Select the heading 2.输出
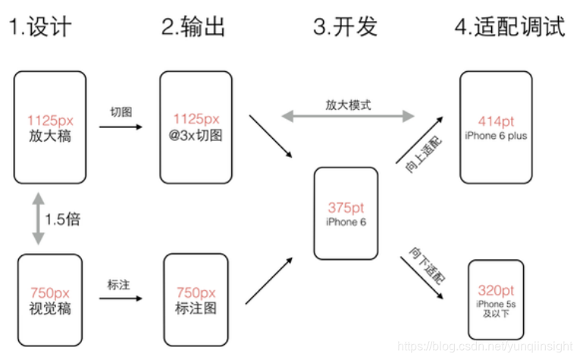pyautogui.click(x=194, y=27)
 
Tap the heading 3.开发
pyautogui.click(x=345, y=27)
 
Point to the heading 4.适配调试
pyautogui.click(x=509, y=27)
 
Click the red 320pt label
pyautogui.click(x=496, y=290)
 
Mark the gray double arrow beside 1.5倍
pyautogui.click(x=36, y=218)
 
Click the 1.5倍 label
pyautogui.click(x=63, y=220)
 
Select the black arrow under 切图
pyautogui.click(x=120, y=127)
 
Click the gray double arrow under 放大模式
pyautogui.click(x=348, y=116)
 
